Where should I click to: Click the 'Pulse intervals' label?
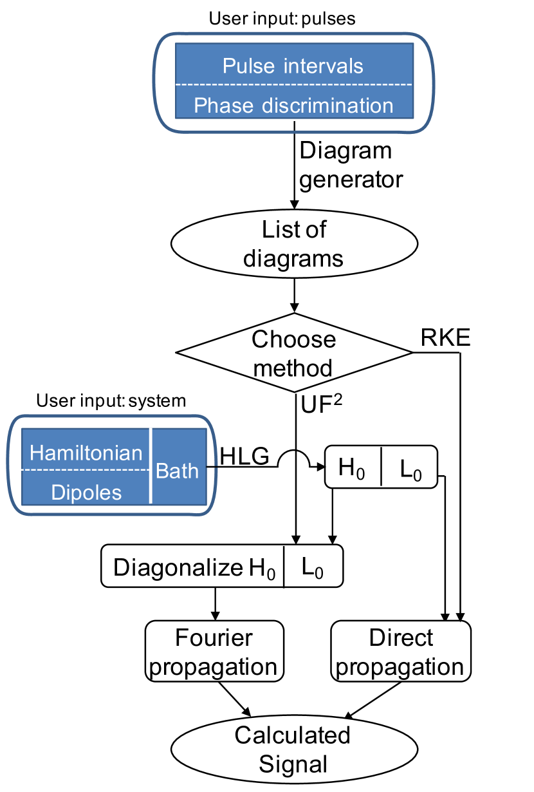pyautogui.click(x=293, y=66)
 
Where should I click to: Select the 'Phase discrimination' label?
pyautogui.click(x=293, y=105)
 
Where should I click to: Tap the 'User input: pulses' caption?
pyautogui.click(x=282, y=17)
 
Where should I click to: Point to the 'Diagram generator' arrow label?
pyautogui.click(x=351, y=165)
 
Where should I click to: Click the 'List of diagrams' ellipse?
pyautogui.click(x=294, y=244)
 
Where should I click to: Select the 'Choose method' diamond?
pyautogui.click(x=293, y=353)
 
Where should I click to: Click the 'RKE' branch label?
pyautogui.click(x=445, y=338)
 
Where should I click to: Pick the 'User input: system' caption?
pyautogui.click(x=111, y=401)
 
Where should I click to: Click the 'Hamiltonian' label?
pyautogui.click(x=86, y=453)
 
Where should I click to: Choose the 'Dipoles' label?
pyautogui.click(x=86, y=492)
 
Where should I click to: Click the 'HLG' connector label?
pyautogui.click(x=245, y=455)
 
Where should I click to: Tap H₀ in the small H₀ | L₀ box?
pyautogui.click(x=352, y=470)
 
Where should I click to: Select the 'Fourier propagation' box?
pyautogui.click(x=214, y=651)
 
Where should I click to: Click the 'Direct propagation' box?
pyautogui.click(x=401, y=652)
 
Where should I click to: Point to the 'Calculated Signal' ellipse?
pyautogui.click(x=293, y=749)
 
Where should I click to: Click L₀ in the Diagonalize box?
pyautogui.click(x=313, y=567)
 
